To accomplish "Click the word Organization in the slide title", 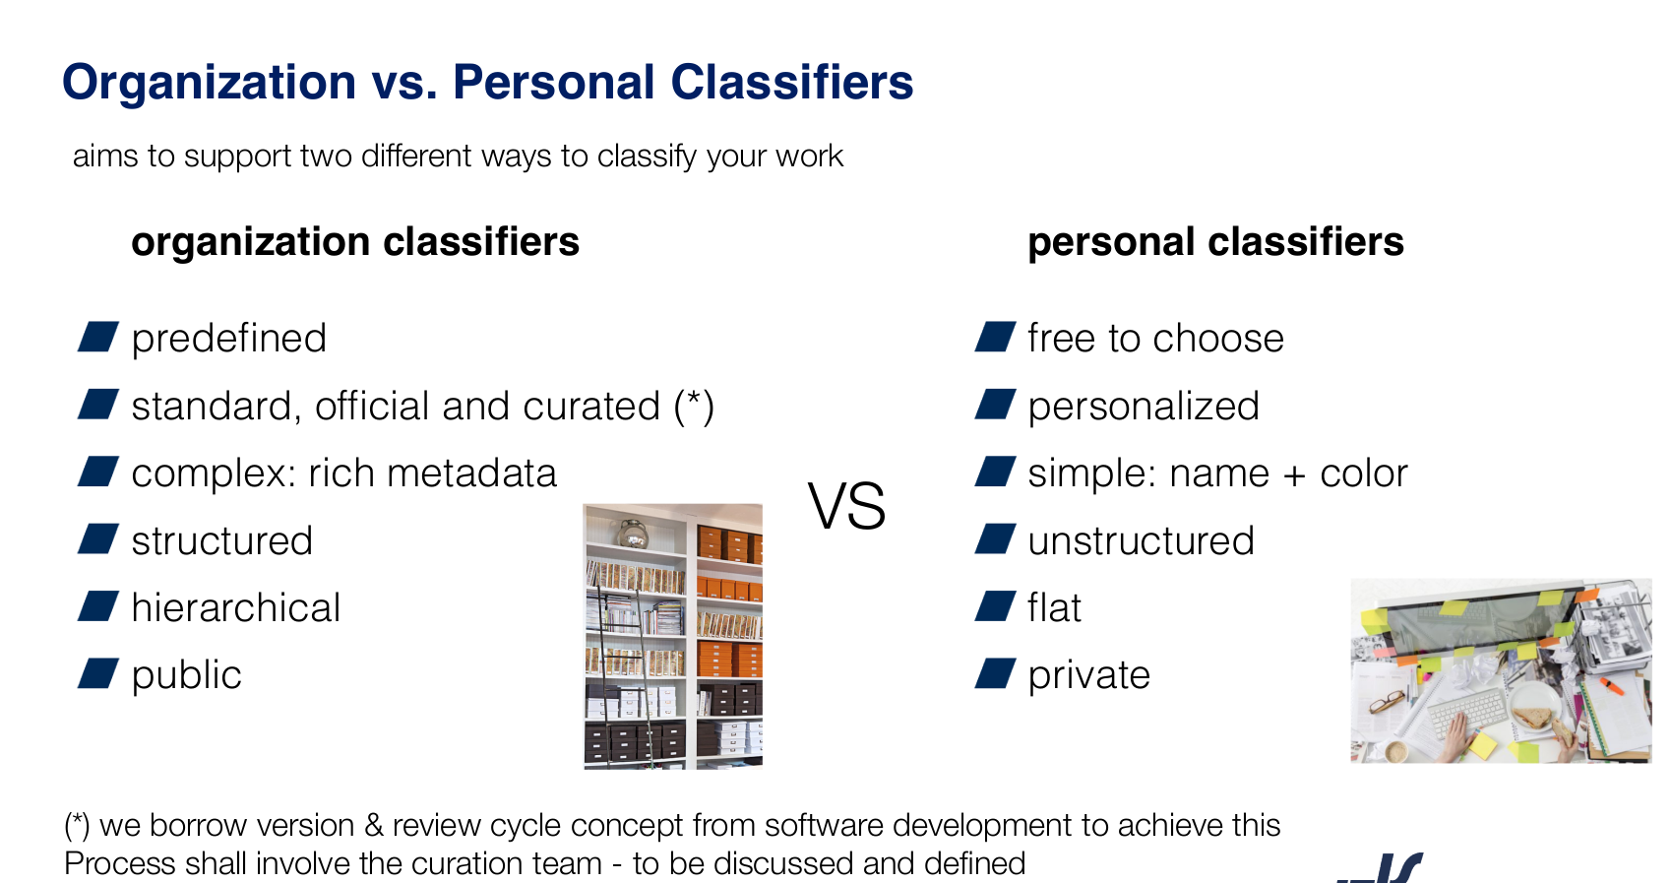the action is pos(209,84).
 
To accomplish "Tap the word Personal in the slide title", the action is pos(554,82).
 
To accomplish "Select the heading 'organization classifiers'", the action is pos(355,243).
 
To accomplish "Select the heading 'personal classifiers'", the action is pos(1216,242).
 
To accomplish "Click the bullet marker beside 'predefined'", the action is pos(98,337).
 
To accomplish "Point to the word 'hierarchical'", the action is pos(236,607).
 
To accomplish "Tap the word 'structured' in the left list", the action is pos(221,540).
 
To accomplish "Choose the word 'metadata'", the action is pos(471,473).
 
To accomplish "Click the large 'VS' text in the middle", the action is pos(847,506).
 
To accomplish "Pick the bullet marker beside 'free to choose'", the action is pos(996,337).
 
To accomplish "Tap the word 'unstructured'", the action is pos(1142,540).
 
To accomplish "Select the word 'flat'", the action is pos(1054,606).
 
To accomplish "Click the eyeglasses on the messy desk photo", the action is pos(1387,702).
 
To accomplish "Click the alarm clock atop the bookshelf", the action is pos(632,533).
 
